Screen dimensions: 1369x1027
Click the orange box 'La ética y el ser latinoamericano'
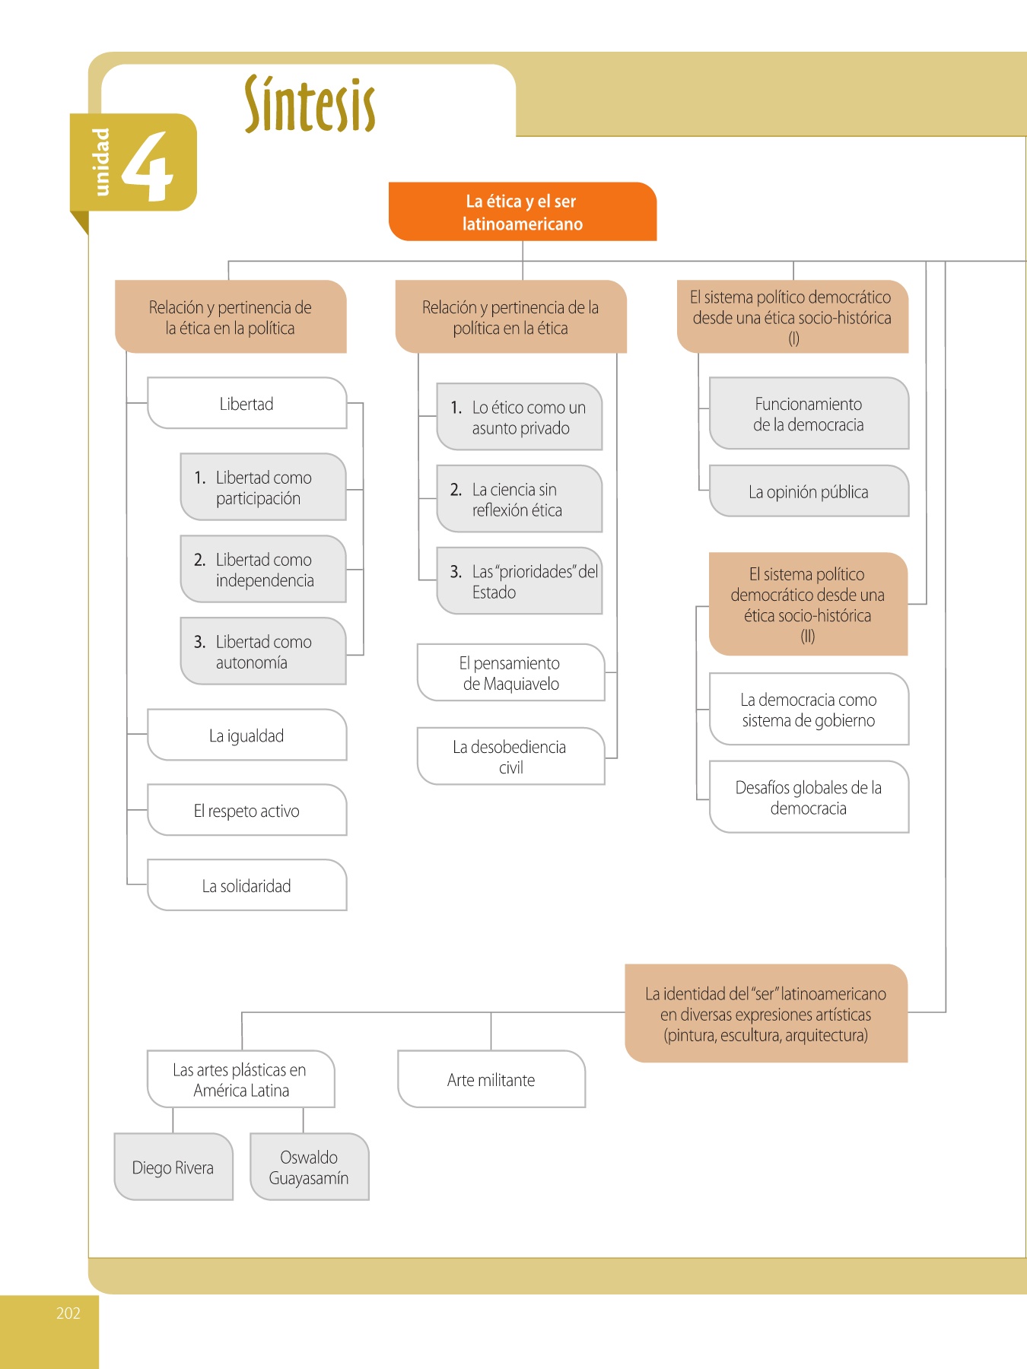point(523,212)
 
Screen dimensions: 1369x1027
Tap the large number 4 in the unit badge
point(148,165)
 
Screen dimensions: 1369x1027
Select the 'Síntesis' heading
point(310,105)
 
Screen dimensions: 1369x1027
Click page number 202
point(68,1313)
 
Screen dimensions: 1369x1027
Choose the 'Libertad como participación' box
point(263,488)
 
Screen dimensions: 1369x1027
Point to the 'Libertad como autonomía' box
point(263,652)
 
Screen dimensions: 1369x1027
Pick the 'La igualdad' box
point(246,735)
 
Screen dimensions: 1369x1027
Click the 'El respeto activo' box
point(246,811)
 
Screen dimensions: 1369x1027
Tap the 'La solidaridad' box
point(246,886)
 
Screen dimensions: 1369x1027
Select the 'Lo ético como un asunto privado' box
point(520,418)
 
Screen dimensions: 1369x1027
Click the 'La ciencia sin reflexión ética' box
point(520,500)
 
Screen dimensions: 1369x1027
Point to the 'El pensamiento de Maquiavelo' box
point(511,673)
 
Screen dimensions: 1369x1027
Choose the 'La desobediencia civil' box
point(511,757)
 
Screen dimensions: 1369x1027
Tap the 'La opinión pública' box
point(809,492)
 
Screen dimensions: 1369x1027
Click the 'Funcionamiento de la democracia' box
point(809,414)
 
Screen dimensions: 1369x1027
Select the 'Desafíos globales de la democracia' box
point(809,798)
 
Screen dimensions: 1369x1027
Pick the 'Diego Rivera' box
point(173,1167)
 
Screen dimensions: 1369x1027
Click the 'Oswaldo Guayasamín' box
point(309,1167)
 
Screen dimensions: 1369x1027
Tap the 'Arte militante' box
point(491,1080)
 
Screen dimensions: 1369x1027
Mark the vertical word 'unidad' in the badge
point(100,162)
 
